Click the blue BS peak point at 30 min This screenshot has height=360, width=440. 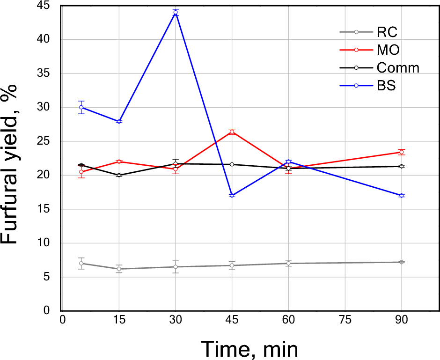176,13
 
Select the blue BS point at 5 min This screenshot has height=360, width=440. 81,107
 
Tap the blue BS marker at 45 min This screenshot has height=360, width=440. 232,195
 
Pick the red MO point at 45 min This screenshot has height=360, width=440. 232,132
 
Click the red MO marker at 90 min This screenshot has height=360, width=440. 401,152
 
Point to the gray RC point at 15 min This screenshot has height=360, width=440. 119,269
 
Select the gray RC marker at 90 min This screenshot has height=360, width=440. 401,262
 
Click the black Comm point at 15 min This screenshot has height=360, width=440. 119,175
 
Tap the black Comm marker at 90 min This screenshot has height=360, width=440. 401,166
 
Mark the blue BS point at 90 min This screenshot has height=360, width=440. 401,195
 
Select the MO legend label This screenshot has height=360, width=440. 388,50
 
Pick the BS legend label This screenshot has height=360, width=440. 386,86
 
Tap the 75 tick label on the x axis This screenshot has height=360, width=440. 345,320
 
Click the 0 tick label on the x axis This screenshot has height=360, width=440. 62,320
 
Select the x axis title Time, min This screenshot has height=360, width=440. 249,348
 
